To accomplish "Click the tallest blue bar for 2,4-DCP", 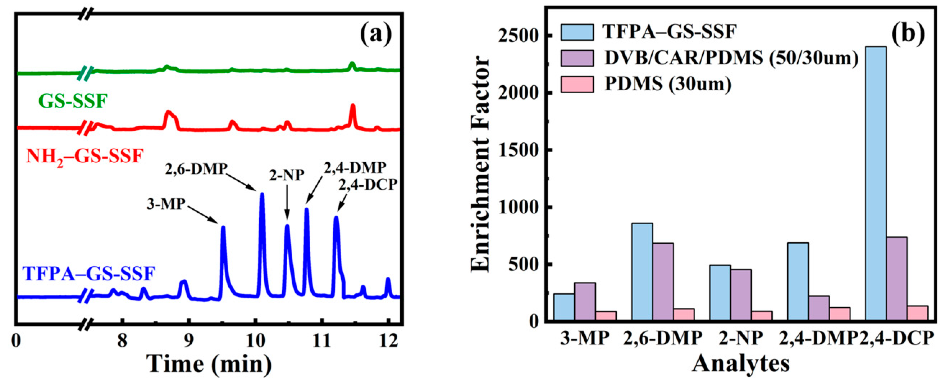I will [x=876, y=184].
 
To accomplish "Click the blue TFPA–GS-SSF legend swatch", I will [x=577, y=32].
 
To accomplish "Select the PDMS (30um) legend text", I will [x=668, y=84].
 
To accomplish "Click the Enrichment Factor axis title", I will [x=480, y=165].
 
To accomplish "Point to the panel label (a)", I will [x=376, y=34].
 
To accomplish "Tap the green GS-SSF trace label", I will [x=73, y=101].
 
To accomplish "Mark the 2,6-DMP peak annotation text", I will [x=196, y=169].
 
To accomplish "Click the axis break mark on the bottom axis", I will [x=86, y=325].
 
